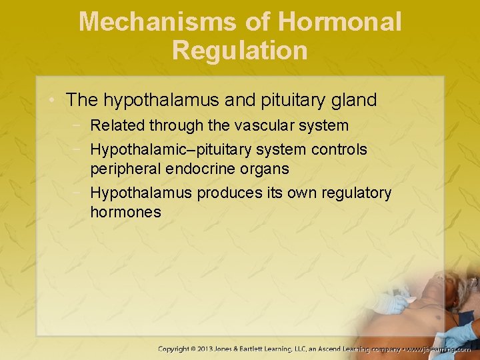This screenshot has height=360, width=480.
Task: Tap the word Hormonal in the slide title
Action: (x=340, y=21)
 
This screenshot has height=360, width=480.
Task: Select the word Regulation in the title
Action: (x=240, y=50)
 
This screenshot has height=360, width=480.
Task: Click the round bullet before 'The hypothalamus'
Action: (x=55, y=101)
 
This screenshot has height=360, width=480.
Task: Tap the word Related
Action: (x=117, y=125)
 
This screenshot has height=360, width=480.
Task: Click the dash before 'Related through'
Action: (x=79, y=125)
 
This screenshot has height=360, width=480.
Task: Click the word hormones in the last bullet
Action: (x=125, y=213)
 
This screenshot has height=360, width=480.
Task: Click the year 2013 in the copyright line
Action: (x=219, y=349)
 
